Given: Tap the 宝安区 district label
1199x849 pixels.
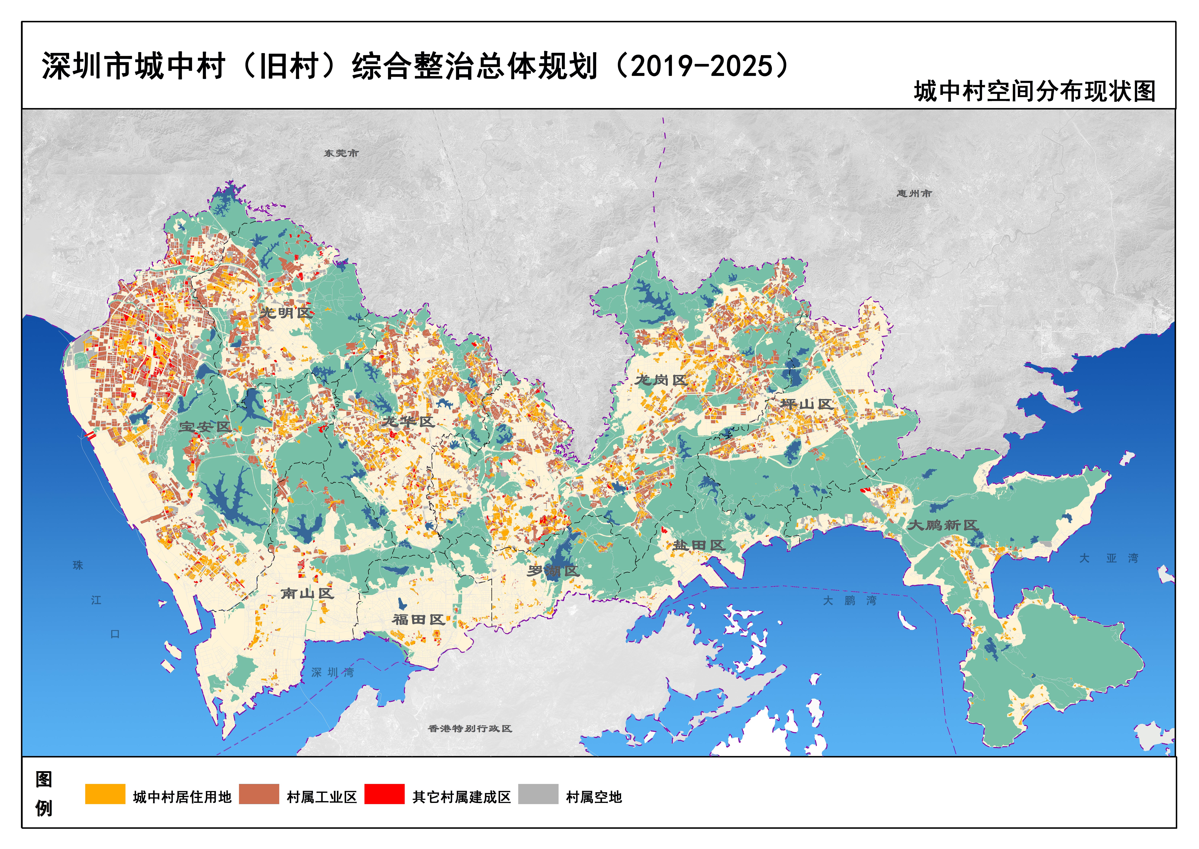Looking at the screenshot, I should coord(205,427).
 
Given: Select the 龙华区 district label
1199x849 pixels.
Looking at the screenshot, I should coord(408,421).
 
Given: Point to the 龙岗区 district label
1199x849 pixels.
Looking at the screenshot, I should coord(661,380).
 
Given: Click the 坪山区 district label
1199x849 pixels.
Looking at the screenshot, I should coord(806,404).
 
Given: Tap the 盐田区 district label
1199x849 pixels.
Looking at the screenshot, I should coord(698,545).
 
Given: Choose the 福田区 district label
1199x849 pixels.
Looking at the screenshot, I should coord(418,620).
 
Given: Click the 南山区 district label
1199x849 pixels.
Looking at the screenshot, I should coord(307,593).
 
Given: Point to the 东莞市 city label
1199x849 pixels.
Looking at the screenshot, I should coord(341,153).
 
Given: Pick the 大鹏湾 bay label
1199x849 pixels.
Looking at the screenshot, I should coord(849,601).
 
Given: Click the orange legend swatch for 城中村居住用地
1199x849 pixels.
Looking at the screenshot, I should coord(105,794).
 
